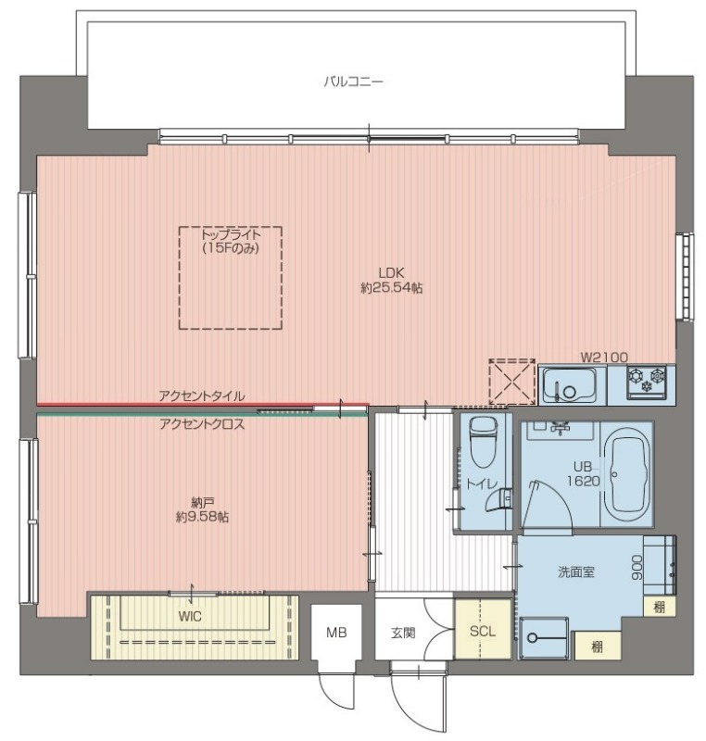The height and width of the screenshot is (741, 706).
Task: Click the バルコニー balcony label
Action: click(x=353, y=82)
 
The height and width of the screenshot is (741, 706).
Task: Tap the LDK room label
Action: click(x=391, y=272)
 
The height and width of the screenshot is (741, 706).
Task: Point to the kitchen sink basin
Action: click(x=569, y=385)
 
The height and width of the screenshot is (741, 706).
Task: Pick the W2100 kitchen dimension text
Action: click(x=603, y=358)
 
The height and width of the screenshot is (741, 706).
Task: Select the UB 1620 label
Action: click(x=583, y=474)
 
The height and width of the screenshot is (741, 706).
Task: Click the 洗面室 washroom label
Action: click(x=575, y=572)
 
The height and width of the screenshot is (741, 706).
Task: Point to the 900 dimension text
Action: click(x=637, y=568)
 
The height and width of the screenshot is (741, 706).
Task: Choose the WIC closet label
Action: click(x=190, y=616)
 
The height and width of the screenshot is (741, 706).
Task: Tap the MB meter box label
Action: click(x=336, y=633)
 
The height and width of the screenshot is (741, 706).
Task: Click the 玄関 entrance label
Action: click(x=403, y=633)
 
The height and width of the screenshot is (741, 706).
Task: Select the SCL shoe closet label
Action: click(x=483, y=632)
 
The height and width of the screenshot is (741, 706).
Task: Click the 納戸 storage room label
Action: click(x=201, y=502)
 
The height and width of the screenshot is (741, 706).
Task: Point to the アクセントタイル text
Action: click(x=202, y=396)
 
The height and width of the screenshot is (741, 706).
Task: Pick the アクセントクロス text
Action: click(x=202, y=424)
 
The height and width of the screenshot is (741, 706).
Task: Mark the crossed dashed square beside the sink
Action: click(x=511, y=383)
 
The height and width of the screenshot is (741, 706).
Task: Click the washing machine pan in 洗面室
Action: click(x=544, y=637)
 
